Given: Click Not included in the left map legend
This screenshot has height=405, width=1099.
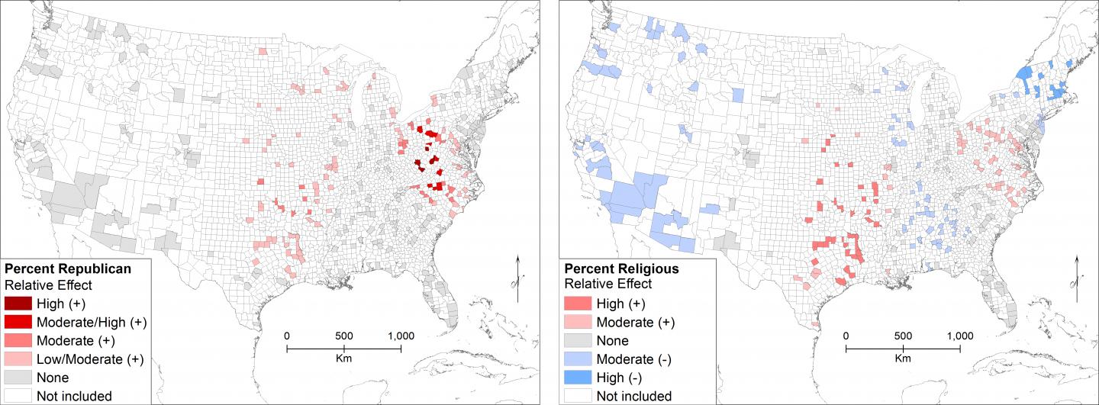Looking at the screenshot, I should point(74,396).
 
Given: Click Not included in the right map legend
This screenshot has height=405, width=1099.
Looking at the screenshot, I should point(633,396).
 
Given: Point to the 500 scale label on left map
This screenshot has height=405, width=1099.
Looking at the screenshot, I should point(343,335).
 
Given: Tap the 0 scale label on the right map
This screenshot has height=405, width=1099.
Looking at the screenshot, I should point(846,335).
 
